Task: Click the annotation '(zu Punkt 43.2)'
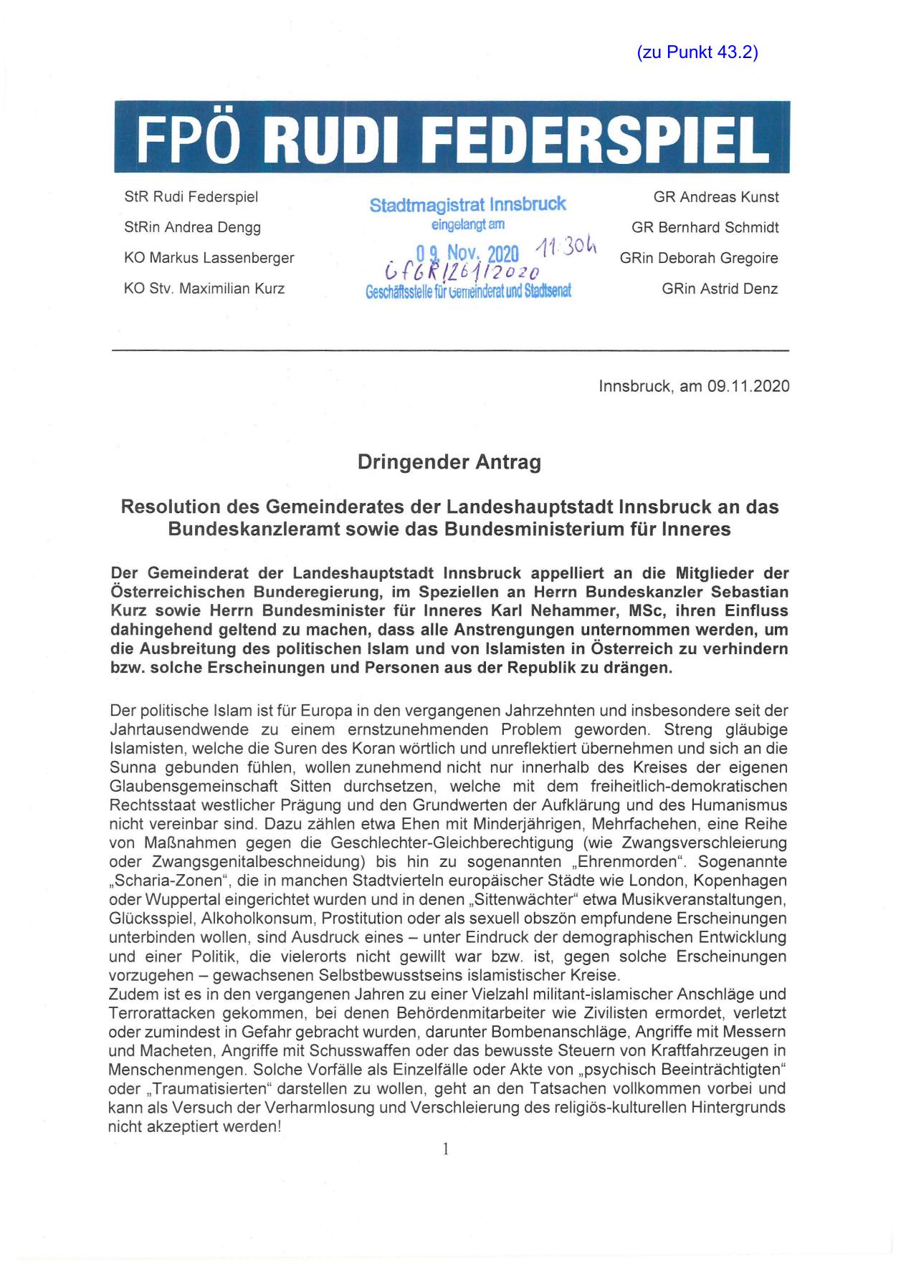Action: click(x=697, y=52)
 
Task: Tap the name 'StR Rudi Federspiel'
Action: click(x=191, y=197)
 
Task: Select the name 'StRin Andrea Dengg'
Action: click(x=192, y=228)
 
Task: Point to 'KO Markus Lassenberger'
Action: click(x=209, y=258)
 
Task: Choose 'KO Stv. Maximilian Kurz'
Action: click(x=204, y=289)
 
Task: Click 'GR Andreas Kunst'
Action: click(x=715, y=197)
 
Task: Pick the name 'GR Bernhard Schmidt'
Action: click(x=705, y=228)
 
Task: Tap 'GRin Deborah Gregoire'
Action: click(x=699, y=258)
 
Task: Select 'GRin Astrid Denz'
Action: click(x=720, y=289)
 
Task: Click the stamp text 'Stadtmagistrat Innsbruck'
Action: click(x=467, y=205)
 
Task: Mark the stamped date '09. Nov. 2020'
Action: click(x=467, y=254)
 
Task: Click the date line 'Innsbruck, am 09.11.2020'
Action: click(x=694, y=386)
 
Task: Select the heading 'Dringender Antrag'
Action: click(x=449, y=463)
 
